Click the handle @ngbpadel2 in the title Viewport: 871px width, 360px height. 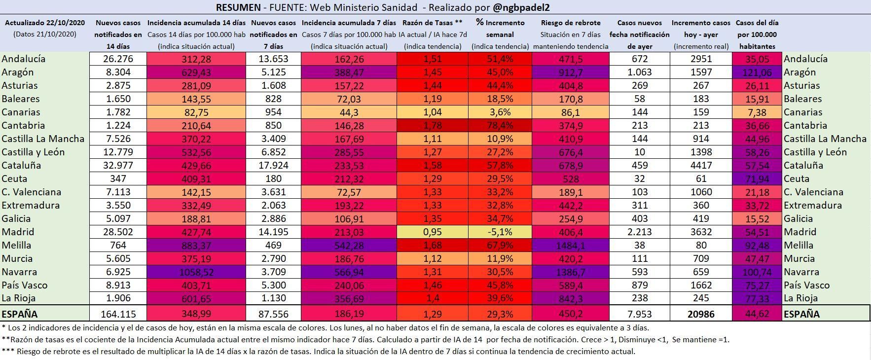coord(522,7)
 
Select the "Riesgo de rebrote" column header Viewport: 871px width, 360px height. coord(571,23)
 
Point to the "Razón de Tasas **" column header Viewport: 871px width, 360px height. coord(433,23)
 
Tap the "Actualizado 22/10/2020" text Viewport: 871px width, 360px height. coord(45,23)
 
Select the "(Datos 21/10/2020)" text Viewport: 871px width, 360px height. coord(45,35)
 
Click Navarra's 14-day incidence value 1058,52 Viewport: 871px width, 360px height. coord(197,272)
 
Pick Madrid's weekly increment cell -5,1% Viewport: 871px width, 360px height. coord(500,232)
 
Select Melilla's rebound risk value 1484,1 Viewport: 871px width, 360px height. coord(571,245)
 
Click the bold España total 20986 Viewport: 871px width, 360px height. coord(701,314)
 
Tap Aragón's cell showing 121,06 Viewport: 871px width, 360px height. coord(757,72)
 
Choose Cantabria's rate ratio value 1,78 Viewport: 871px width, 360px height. coord(433,125)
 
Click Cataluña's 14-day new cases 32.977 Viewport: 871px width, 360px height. coord(118,165)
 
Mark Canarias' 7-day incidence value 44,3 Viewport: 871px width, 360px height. coord(349,112)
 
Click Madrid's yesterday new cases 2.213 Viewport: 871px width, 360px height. coord(640,232)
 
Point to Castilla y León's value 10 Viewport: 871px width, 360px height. coord(640,152)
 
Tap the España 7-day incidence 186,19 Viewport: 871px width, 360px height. coord(349,314)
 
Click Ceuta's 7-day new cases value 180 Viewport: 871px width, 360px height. coord(274,179)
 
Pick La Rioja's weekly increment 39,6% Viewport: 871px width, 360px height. coord(500,298)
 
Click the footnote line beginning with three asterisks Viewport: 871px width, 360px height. coord(319,352)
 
